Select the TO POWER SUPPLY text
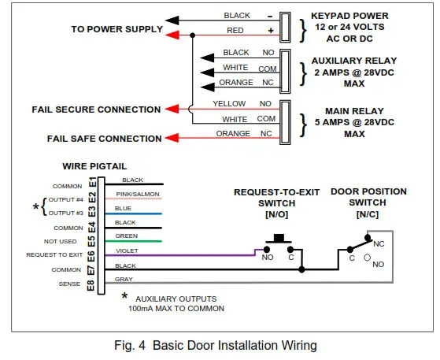pyautogui.click(x=117, y=30)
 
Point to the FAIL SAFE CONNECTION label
pyautogui.click(x=104, y=139)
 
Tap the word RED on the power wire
pyautogui.click(x=235, y=30)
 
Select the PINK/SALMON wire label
pyautogui.click(x=138, y=194)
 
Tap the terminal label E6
pyautogui.click(x=91, y=254)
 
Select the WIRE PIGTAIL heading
pyautogui.click(x=94, y=166)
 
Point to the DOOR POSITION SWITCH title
pyautogui.click(x=368, y=197)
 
